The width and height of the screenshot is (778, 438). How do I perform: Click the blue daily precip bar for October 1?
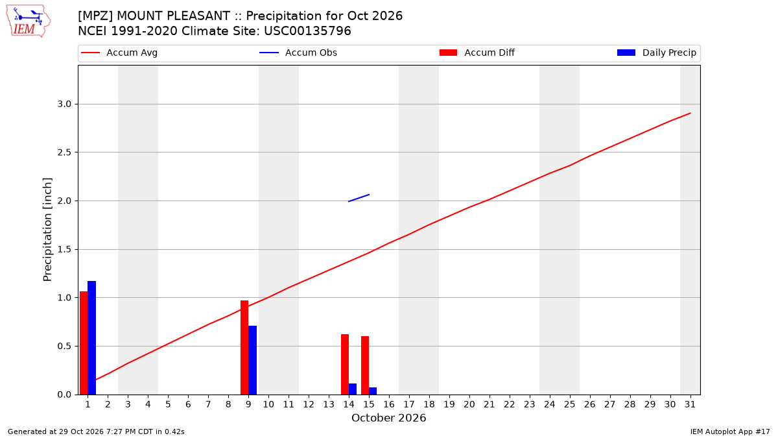[x=91, y=337]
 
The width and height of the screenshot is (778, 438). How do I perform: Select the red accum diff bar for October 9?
[x=244, y=347]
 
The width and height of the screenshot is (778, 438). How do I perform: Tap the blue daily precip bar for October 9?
[x=252, y=360]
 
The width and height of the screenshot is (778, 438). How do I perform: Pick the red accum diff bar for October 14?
[x=345, y=364]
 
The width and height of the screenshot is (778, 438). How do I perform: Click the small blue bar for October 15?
[x=373, y=391]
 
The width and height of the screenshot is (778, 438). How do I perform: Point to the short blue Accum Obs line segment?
[x=359, y=198]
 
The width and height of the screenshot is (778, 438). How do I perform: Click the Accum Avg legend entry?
[x=119, y=53]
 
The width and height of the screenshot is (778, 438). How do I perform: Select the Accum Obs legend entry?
[x=298, y=53]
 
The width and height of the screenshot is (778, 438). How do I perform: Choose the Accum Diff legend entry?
[x=477, y=53]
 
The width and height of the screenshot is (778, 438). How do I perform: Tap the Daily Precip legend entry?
[x=656, y=53]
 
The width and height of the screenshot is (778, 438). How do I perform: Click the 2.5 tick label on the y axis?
[x=64, y=152]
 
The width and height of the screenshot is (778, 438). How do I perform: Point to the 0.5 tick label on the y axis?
[x=64, y=347]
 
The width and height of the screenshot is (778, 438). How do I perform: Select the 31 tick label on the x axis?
[x=690, y=404]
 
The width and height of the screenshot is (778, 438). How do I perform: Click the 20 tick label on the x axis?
[x=469, y=404]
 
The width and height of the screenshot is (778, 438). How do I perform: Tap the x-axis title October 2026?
[x=388, y=418]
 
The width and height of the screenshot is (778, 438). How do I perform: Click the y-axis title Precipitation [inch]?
[x=47, y=230]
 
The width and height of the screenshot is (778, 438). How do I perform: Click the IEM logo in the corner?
[x=28, y=21]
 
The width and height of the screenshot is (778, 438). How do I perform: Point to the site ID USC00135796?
[x=307, y=31]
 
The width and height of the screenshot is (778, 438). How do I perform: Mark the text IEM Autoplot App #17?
[x=730, y=432]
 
